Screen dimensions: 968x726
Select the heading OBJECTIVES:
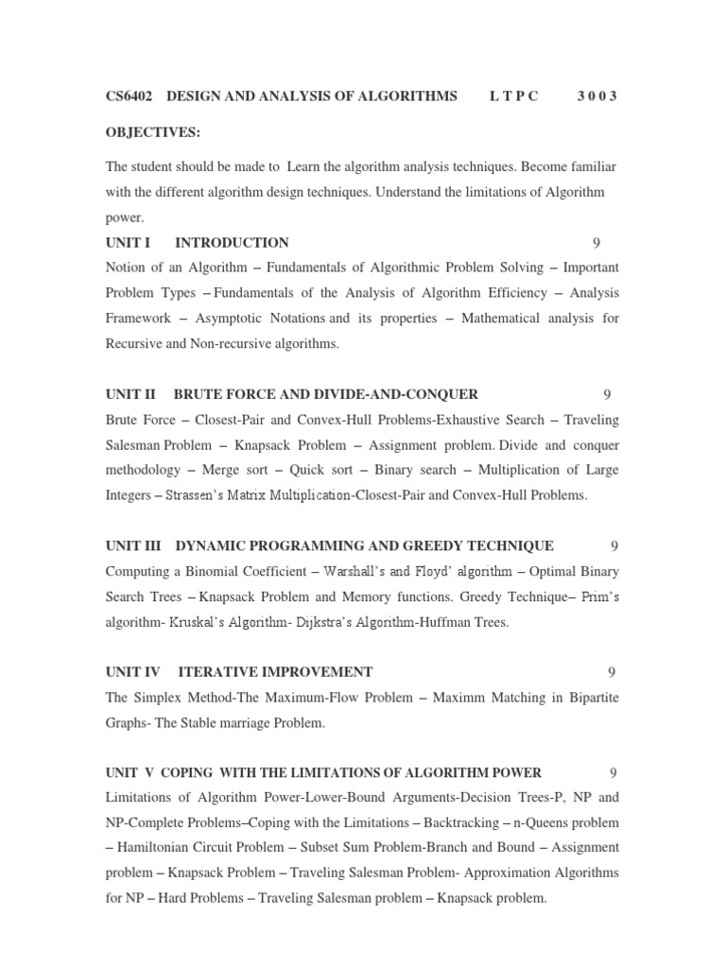152,131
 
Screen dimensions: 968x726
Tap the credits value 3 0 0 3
596,96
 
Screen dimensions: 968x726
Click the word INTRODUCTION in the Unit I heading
232,243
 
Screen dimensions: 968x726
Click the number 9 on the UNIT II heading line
607,394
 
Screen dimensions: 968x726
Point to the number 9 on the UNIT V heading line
614,772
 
